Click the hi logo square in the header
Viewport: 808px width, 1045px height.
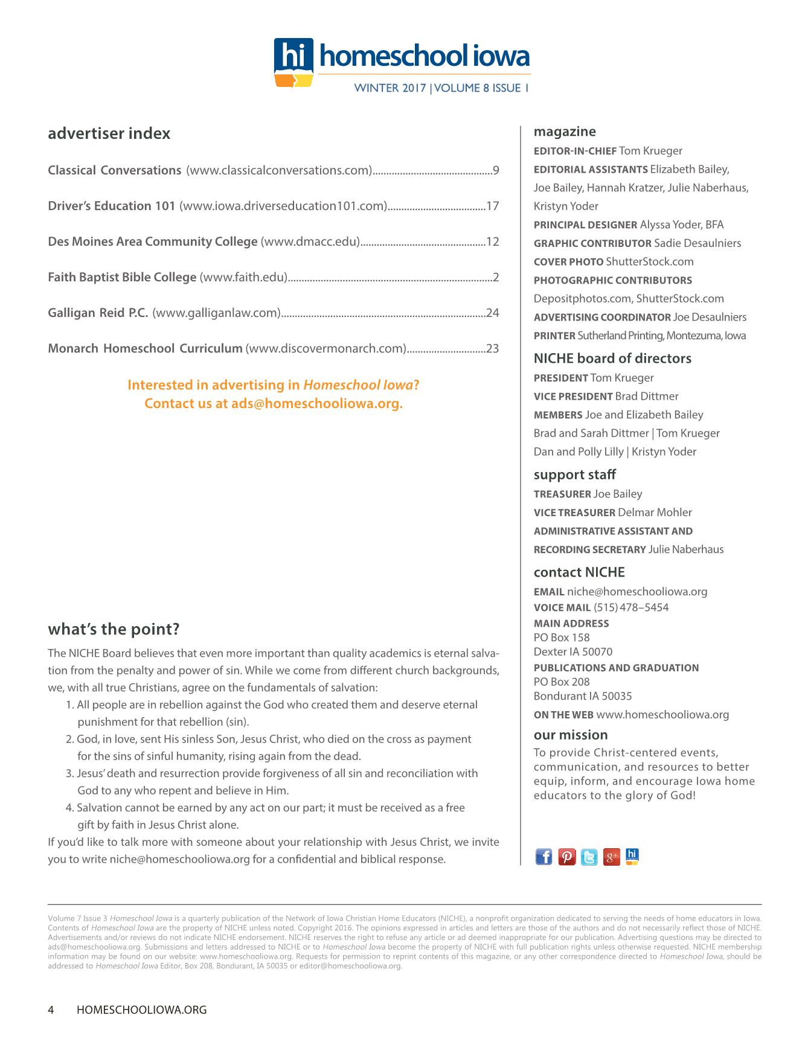click(x=293, y=56)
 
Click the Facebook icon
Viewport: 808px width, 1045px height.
click(x=543, y=857)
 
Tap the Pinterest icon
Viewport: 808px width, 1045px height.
click(x=566, y=857)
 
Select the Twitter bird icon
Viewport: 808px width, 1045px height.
click(x=589, y=857)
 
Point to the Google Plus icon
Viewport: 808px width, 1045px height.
click(x=612, y=857)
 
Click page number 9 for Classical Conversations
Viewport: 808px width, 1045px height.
click(x=496, y=170)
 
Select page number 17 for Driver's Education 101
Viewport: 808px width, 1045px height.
click(x=493, y=206)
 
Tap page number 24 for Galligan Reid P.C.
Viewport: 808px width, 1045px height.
click(x=493, y=313)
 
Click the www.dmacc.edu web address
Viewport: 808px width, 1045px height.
click(x=310, y=241)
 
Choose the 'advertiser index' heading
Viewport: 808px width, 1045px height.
click(x=109, y=133)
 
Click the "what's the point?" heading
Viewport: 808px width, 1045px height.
click(x=114, y=629)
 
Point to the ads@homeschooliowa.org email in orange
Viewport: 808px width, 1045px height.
click(x=316, y=403)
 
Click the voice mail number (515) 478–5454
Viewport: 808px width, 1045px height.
click(x=631, y=607)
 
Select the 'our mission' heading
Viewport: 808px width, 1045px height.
click(x=571, y=735)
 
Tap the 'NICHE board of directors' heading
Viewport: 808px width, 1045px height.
click(x=612, y=359)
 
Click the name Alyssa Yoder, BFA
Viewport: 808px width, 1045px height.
click(x=681, y=225)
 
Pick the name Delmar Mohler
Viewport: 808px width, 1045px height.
click(x=655, y=513)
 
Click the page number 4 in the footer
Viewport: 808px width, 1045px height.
click(x=51, y=1009)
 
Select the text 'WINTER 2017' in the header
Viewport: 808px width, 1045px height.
click(x=390, y=88)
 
